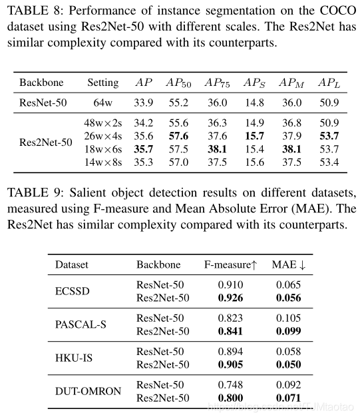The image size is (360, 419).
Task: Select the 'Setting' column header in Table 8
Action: coord(102,83)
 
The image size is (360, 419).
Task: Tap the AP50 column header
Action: coord(179,83)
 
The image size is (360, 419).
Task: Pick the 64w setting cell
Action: coord(102,103)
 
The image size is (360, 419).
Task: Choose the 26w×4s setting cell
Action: coord(103,135)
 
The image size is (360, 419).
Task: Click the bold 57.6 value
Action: coord(179,135)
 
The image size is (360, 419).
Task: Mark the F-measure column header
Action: coord(230,264)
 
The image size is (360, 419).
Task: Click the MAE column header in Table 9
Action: coord(289,264)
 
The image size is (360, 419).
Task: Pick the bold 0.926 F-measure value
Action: coord(230,296)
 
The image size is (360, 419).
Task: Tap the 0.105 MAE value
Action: coord(287,318)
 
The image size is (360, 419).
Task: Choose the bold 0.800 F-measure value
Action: coord(230,397)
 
